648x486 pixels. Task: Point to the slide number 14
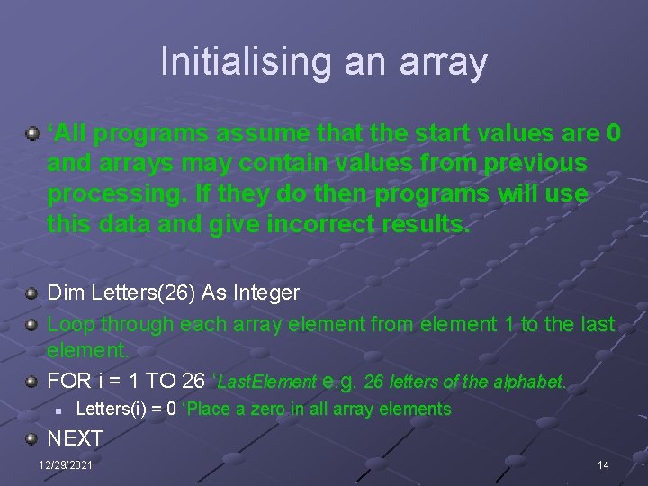[x=603, y=464]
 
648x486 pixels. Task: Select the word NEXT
[x=76, y=438]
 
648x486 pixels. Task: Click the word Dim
[x=62, y=292]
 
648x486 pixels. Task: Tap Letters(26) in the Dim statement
[x=132, y=292]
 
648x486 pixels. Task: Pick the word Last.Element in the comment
[x=267, y=382]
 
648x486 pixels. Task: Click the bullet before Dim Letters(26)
[x=32, y=292]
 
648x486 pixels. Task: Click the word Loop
[x=71, y=323]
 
